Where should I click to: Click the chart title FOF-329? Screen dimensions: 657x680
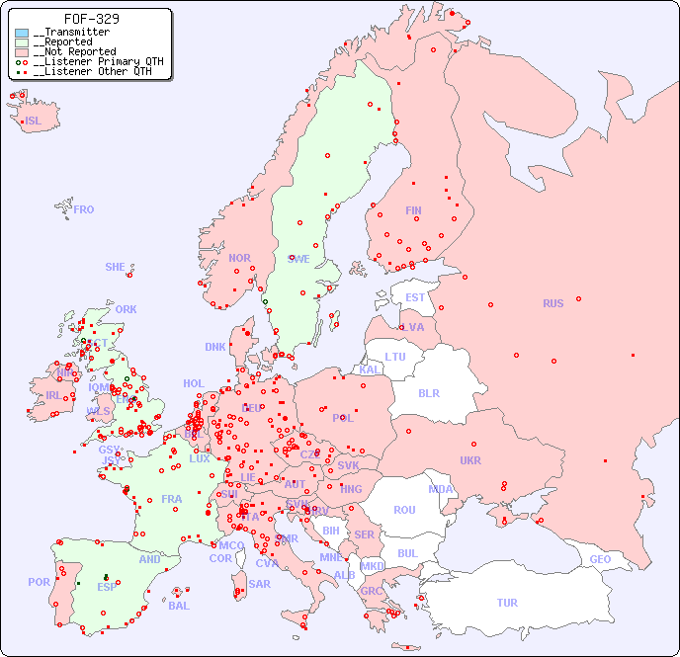(92, 19)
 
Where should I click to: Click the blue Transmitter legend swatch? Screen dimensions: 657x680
(22, 33)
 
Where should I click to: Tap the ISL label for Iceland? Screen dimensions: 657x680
(33, 122)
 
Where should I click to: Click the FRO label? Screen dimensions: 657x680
(84, 209)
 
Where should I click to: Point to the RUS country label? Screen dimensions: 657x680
(552, 303)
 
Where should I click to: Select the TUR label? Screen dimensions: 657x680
(507, 603)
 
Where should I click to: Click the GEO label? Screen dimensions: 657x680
(600, 559)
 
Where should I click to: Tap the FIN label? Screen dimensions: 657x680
(413, 210)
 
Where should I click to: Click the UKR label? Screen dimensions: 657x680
(470, 460)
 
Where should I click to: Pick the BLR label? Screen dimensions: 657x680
(429, 392)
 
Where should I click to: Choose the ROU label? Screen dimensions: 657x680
(404, 510)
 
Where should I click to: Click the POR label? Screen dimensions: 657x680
(39, 582)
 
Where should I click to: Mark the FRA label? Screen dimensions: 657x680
(172, 499)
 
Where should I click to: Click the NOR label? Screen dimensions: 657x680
(239, 258)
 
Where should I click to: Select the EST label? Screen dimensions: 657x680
(415, 297)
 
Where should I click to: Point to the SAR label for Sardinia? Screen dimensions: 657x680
(259, 584)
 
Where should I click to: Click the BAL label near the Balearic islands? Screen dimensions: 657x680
(179, 606)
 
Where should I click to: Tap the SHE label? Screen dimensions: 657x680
(116, 267)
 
